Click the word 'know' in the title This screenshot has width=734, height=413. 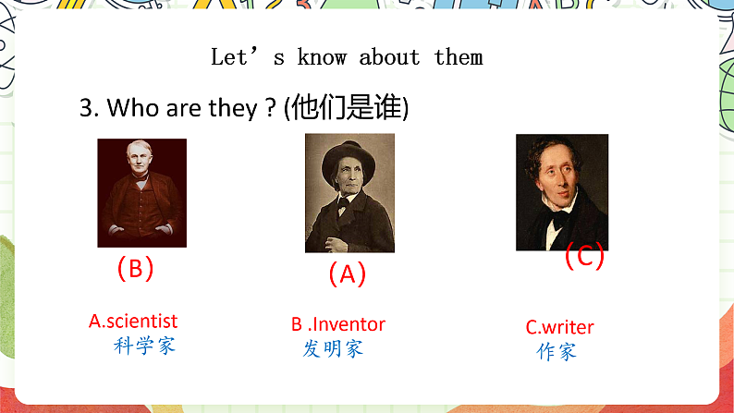click(322, 57)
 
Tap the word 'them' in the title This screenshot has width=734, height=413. click(459, 57)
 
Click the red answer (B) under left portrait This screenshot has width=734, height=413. click(135, 269)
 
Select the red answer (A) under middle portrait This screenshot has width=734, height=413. click(348, 273)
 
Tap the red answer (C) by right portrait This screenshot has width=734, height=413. click(584, 256)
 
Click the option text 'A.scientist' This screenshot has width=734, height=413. click(133, 322)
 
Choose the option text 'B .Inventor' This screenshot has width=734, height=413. click(338, 324)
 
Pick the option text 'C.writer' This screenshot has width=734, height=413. click(560, 327)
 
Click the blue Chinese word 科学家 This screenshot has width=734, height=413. click(143, 346)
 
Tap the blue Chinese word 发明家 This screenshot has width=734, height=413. click(334, 348)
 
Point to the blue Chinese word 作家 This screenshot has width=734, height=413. click(557, 352)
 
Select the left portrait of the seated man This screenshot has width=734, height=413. click(141, 192)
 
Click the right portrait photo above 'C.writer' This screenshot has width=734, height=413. click(561, 192)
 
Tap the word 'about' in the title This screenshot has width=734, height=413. click(390, 57)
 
